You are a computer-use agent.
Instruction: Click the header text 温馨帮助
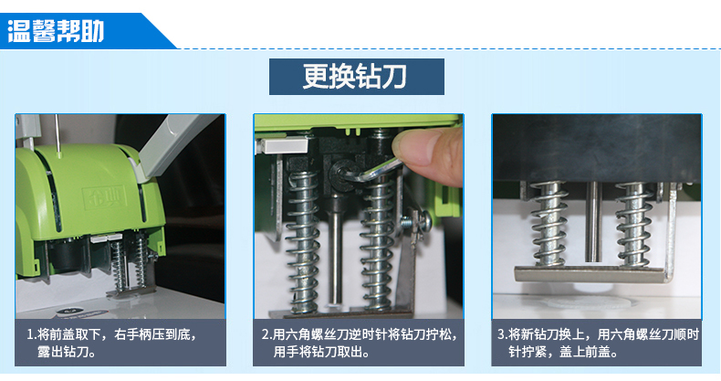pyautogui.click(x=56, y=31)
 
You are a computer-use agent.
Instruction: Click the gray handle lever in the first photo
pyautogui.click(x=177, y=145)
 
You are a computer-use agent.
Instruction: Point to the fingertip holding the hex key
pyautogui.click(x=427, y=152)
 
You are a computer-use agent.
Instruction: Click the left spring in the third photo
pyautogui.click(x=549, y=224)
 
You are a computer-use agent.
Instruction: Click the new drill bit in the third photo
pyautogui.click(x=592, y=221)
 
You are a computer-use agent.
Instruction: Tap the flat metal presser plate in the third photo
pyautogui.click(x=591, y=275)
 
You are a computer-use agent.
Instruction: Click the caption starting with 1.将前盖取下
pyautogui.click(x=111, y=343)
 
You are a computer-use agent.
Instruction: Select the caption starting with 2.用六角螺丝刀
pyautogui.click(x=360, y=343)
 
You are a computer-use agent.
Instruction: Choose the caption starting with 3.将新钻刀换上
pyautogui.click(x=598, y=343)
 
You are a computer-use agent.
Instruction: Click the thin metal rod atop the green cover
pyautogui.click(x=57, y=132)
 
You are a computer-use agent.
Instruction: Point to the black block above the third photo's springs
pyautogui.click(x=597, y=148)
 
